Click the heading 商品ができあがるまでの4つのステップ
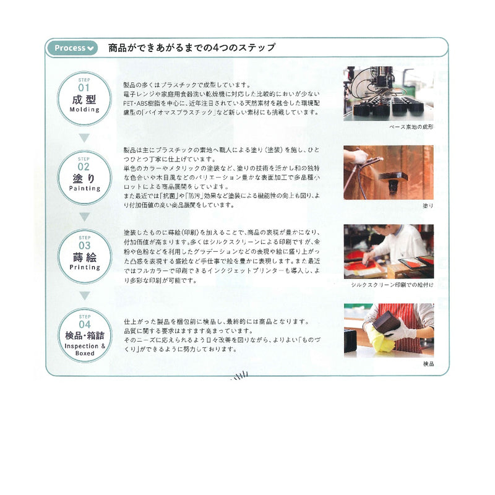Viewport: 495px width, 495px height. coord(191,48)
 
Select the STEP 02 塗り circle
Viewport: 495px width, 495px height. coord(85,174)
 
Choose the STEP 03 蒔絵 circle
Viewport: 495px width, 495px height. coord(85,255)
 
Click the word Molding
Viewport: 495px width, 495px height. coord(85,110)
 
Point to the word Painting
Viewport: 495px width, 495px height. coord(85,188)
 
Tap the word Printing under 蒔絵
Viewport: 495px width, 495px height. coord(85,268)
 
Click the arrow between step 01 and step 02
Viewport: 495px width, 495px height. coord(85,137)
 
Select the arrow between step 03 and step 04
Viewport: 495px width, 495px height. coord(85,295)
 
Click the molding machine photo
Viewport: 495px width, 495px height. coord(389,93)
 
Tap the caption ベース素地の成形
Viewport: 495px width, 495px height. coord(411,126)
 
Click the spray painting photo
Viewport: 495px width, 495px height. coord(389,172)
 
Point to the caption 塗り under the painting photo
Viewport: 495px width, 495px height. coord(428,205)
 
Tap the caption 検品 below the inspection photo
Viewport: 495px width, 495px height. coord(428,364)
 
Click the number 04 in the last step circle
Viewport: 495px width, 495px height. coord(85,324)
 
